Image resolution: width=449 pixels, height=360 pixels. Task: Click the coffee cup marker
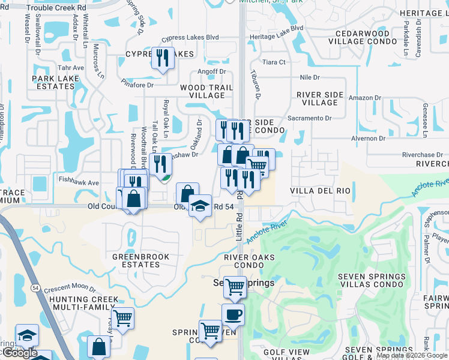pyautogui.click(x=233, y=314)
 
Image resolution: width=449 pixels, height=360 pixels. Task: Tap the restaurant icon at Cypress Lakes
pyautogui.click(x=162, y=58)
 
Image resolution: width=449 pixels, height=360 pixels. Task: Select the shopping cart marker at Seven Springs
pyautogui.click(x=235, y=287)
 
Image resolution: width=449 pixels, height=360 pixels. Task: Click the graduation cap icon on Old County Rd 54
pyautogui.click(x=200, y=206)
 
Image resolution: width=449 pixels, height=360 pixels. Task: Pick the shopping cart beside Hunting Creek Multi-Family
pyautogui.click(x=122, y=318)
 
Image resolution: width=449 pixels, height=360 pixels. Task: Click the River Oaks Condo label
pyautogui.click(x=249, y=261)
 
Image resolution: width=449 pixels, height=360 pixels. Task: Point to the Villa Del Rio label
pyautogui.click(x=320, y=191)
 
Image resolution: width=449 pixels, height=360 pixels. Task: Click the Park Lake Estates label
pyautogui.click(x=53, y=83)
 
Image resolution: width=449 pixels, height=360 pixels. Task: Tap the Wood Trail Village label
pyautogui.click(x=202, y=91)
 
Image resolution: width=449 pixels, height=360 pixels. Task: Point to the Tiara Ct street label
pyautogui.click(x=274, y=62)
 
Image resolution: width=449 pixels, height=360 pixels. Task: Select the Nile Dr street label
pyautogui.click(x=310, y=78)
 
